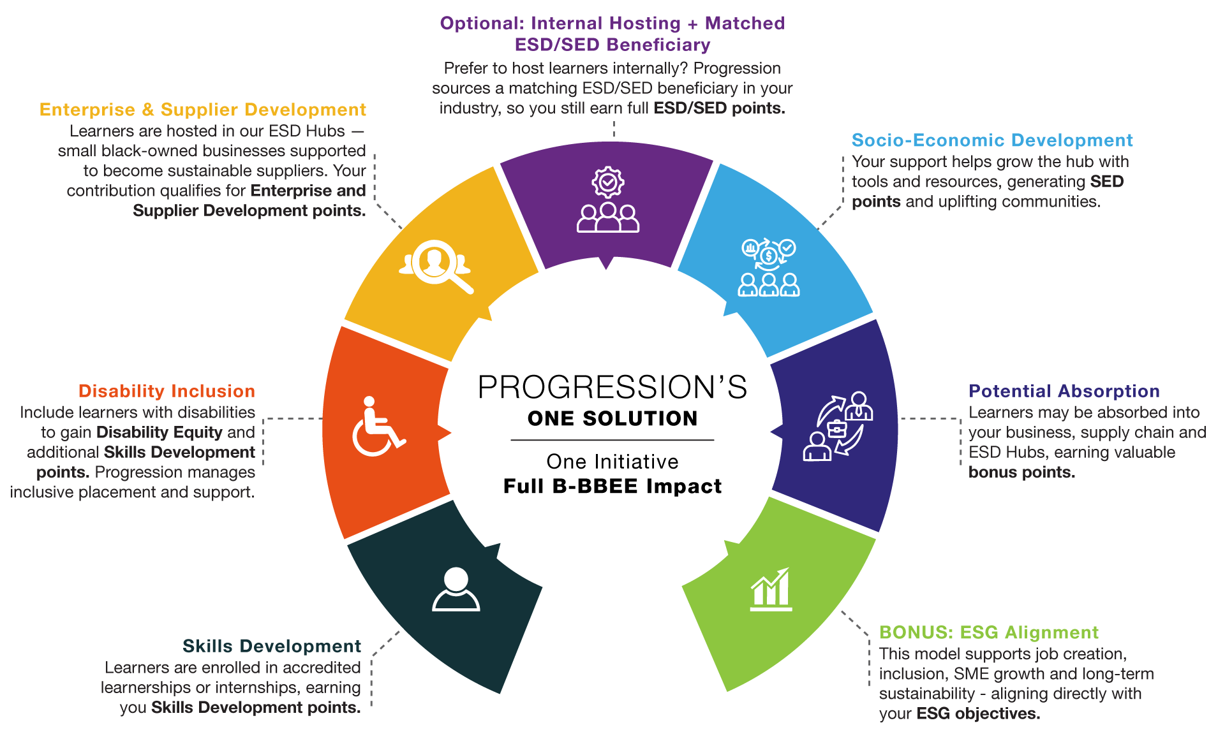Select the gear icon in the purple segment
608,182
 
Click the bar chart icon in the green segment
771,590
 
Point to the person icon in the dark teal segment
456,589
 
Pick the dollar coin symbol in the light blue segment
769,256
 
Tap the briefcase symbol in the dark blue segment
837,428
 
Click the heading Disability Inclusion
167,391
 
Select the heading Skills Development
272,646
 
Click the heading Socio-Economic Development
992,140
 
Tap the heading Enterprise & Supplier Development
203,110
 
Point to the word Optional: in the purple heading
482,24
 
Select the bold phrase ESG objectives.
978,713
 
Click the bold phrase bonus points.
1021,472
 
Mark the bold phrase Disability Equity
159,432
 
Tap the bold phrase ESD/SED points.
719,108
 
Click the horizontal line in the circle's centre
612,440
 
